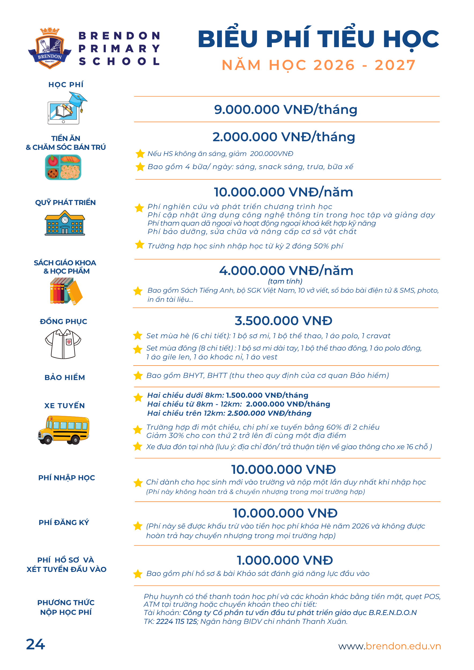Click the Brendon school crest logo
[50, 48]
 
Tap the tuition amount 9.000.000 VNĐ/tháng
[286, 109]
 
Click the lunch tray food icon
[63, 167]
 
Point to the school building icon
[65, 223]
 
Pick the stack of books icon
[66, 291]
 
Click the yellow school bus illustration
[64, 430]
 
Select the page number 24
[35, 644]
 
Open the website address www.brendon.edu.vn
[389, 646]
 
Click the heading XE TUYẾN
[65, 406]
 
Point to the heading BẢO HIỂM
[65, 378]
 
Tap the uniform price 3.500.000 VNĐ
[283, 321]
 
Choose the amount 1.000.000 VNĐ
[284, 560]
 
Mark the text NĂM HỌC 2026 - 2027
[319, 65]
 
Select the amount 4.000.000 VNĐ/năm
[286, 270]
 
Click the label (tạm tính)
[285, 281]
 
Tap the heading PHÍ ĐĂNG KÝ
[64, 522]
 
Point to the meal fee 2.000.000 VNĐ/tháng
[284, 137]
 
